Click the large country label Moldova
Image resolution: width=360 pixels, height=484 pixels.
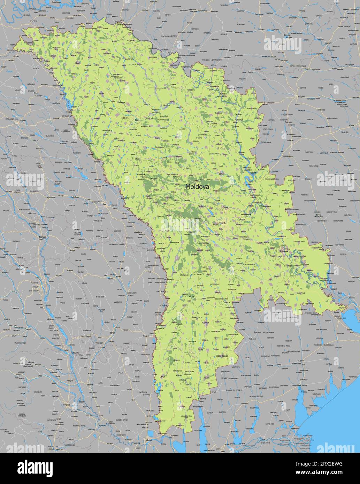[x=197, y=187]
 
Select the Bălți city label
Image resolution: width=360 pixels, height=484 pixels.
[x=137, y=120]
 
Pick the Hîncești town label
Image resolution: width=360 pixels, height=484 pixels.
[x=199, y=250]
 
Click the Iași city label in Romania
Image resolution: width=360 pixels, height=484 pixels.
[x=104, y=203]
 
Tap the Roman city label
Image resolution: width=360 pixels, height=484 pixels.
[x=43, y=237]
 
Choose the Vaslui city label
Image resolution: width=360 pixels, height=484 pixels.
[x=118, y=276]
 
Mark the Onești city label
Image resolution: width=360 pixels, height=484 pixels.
[x=28, y=329]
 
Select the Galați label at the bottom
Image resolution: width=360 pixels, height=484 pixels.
[x=149, y=441]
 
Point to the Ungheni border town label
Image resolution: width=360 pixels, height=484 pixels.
[x=124, y=198]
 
